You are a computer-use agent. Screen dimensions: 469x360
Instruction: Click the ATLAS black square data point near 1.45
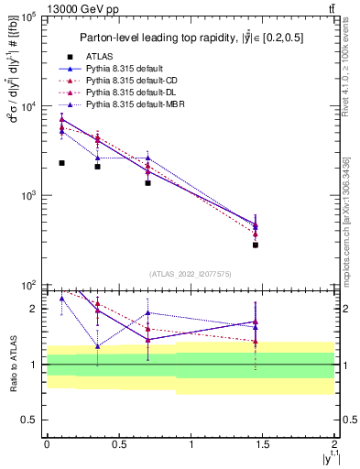coord(256,245)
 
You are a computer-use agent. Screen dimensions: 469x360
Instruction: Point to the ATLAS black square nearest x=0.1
coord(61,162)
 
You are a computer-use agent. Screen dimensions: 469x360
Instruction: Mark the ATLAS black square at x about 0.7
coord(147,182)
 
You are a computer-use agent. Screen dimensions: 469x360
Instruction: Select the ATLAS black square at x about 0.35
coord(97,166)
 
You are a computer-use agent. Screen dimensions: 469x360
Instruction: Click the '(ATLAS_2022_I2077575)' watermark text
coord(191,273)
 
